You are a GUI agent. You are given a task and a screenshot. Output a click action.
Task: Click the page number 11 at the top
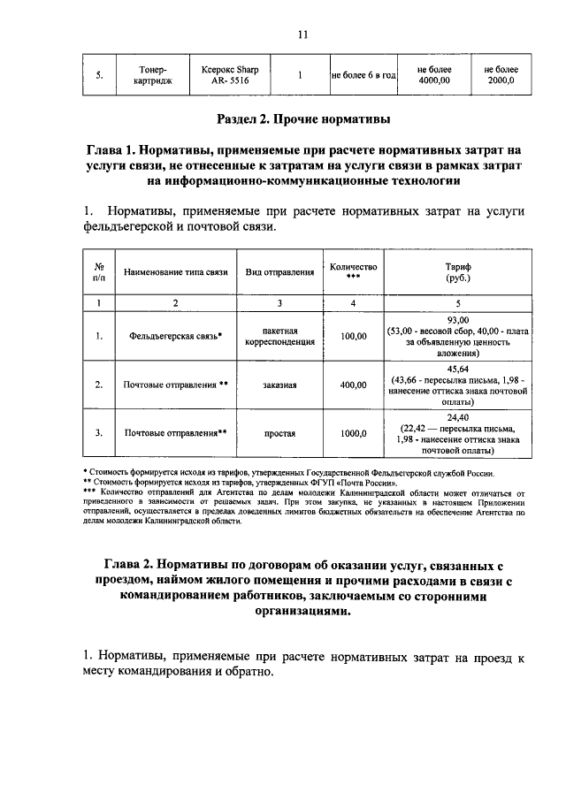pos(302,34)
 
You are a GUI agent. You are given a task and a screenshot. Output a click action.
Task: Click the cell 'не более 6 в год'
pos(363,76)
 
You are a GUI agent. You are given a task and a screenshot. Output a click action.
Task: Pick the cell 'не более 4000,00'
pos(434,75)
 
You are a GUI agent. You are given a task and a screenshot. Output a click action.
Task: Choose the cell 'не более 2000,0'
pos(501,75)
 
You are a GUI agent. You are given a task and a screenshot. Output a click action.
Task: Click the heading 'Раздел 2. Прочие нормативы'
pos(302,118)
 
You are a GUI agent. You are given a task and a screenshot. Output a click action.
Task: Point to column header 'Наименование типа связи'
pos(176,272)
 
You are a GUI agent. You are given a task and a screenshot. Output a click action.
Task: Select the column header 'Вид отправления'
pos(279,272)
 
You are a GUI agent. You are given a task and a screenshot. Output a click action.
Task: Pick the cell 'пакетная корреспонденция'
pos(279,336)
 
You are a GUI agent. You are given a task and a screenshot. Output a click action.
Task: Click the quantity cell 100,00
pos(353,336)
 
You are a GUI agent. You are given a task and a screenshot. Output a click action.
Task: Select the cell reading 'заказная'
pos(279,385)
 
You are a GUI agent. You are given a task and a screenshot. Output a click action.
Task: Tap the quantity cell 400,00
pos(353,385)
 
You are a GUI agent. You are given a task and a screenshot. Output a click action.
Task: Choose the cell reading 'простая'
pos(279,434)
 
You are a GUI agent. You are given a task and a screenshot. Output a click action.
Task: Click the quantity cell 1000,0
pos(353,434)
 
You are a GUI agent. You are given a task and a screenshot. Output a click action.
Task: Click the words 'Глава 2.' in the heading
pos(134,565)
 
